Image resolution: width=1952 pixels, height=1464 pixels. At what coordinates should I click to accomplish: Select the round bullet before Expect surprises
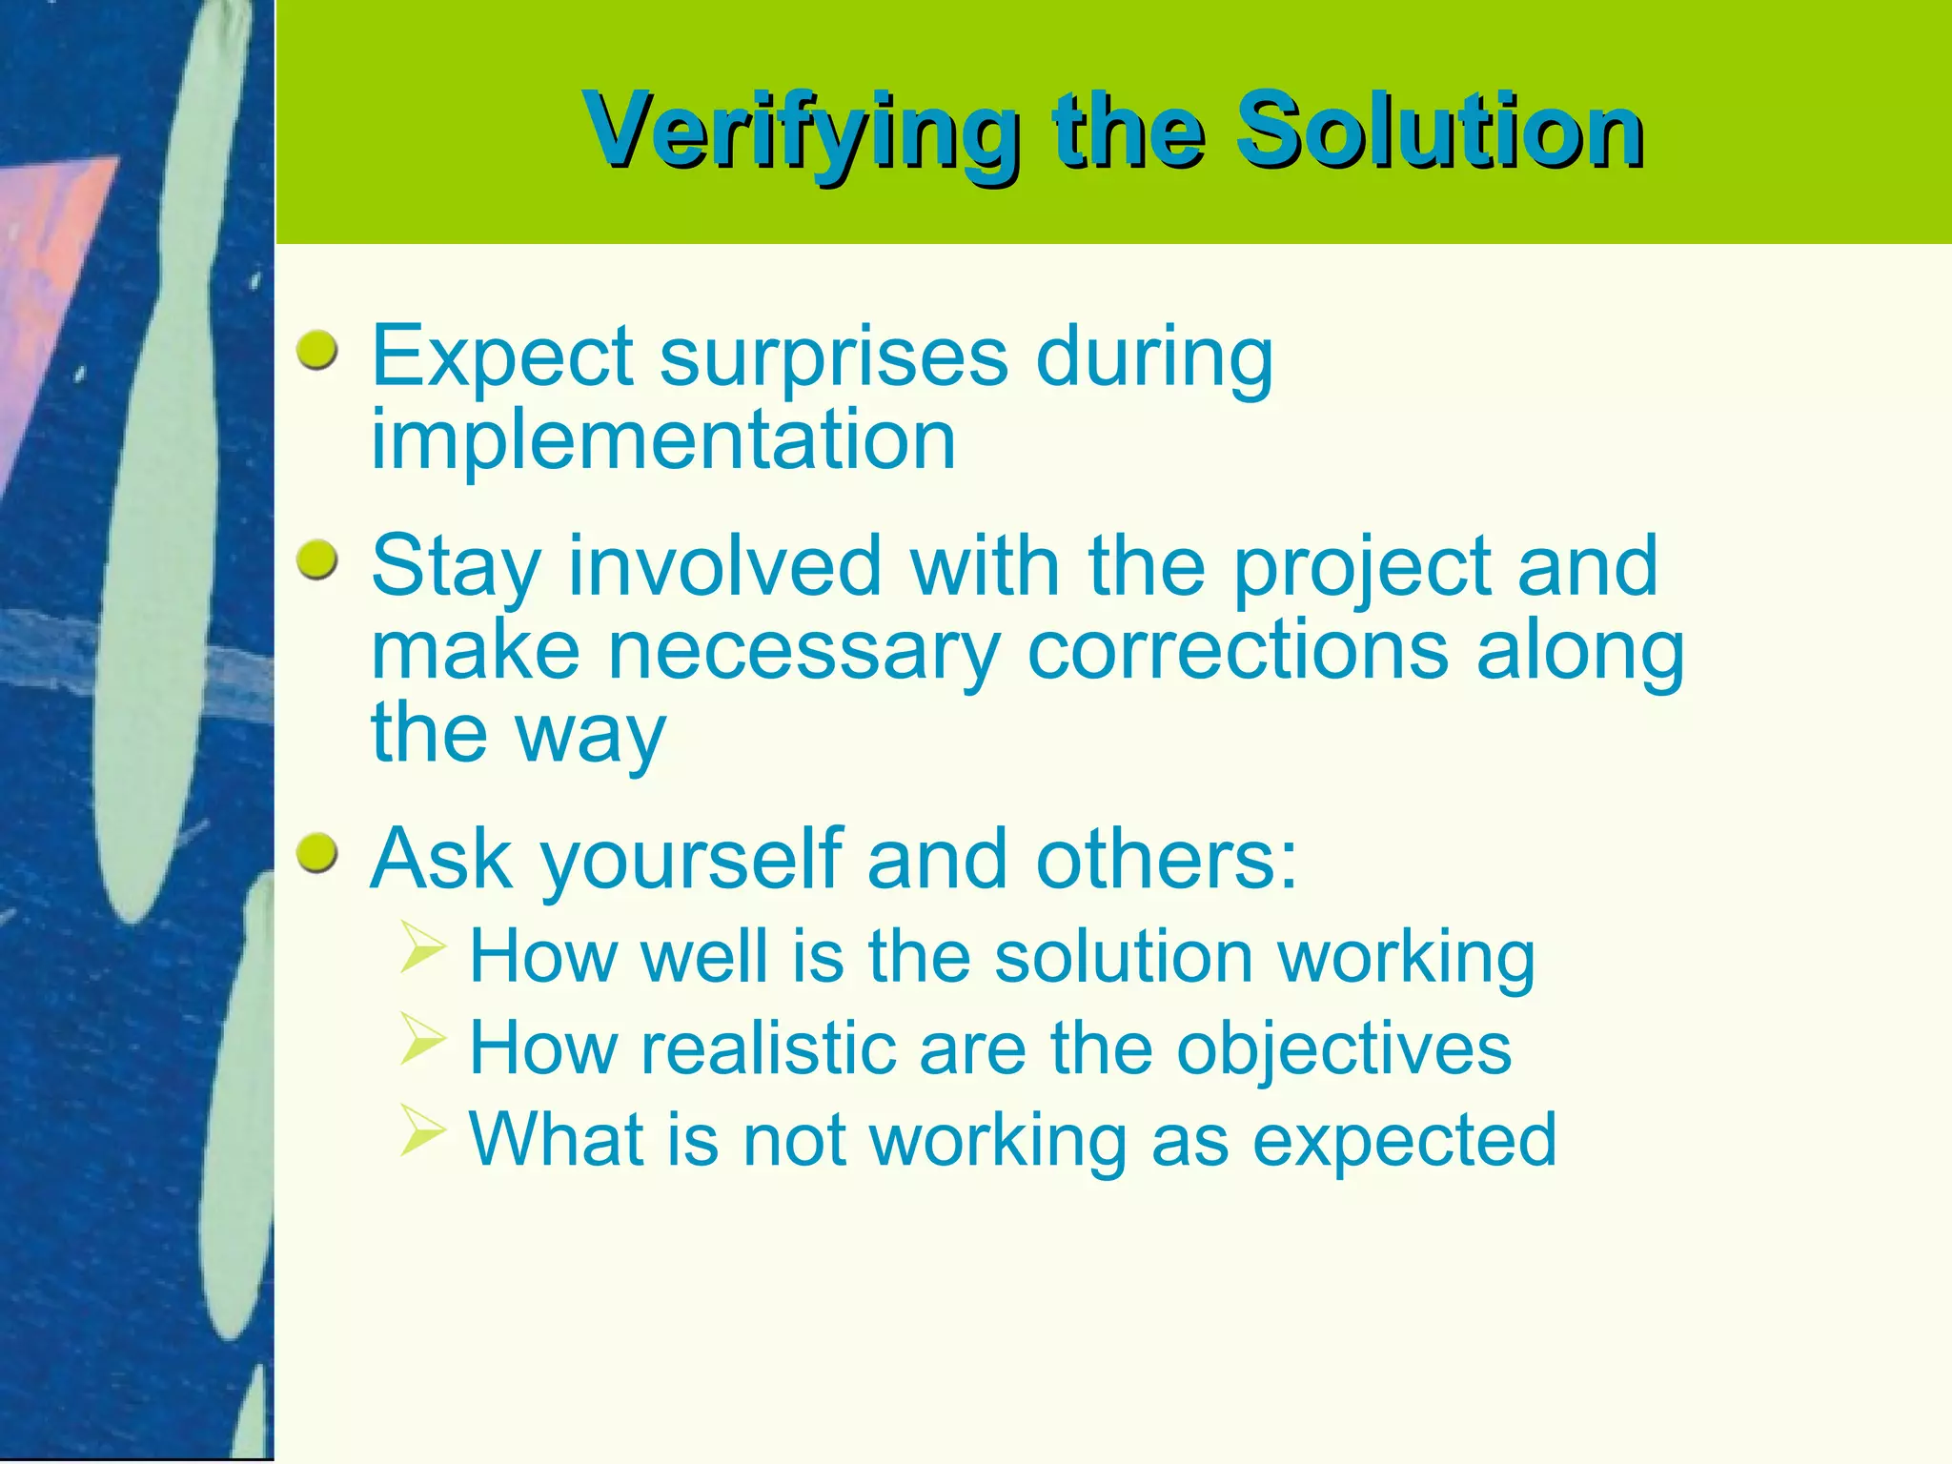[x=316, y=352]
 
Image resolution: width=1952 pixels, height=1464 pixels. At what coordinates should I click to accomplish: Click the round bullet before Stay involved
[x=316, y=562]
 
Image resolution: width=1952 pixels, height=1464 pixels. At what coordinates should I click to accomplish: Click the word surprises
[x=833, y=357]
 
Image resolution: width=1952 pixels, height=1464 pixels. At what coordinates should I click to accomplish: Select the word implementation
[x=663, y=440]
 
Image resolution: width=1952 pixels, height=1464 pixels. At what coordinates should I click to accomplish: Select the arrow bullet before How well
[x=423, y=946]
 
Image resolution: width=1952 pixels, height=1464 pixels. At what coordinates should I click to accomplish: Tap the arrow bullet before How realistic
[x=423, y=1038]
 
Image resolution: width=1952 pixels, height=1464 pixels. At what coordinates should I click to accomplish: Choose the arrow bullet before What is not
[x=423, y=1129]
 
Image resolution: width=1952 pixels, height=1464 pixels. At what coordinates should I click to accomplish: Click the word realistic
[x=768, y=1048]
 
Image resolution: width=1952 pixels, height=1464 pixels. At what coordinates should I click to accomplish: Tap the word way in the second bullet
[x=590, y=735]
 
